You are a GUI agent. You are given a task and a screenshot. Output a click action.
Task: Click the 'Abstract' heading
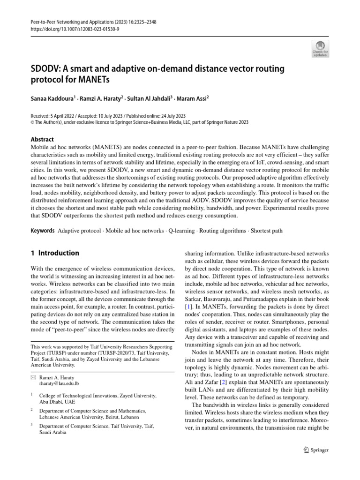tap(42, 139)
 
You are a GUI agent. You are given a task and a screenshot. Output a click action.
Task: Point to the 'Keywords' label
tap(42, 231)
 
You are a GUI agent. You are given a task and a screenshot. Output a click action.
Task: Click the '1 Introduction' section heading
tap(55, 253)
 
